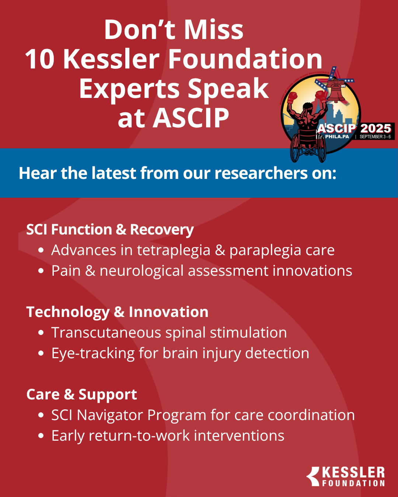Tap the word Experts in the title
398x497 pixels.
[x=129, y=89]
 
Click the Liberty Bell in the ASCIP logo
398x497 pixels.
[x=336, y=91]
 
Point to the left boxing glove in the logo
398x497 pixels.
[x=292, y=98]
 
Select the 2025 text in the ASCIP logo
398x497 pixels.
[x=375, y=128]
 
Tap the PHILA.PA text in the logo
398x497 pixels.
[x=337, y=137]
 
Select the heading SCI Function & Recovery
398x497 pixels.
[x=110, y=230]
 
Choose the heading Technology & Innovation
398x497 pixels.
[x=117, y=312]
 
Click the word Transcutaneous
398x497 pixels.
[x=106, y=333]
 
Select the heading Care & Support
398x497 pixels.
[x=81, y=395]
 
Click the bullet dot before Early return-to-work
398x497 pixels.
[x=41, y=436]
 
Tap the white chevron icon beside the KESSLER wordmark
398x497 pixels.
[x=313, y=476]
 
